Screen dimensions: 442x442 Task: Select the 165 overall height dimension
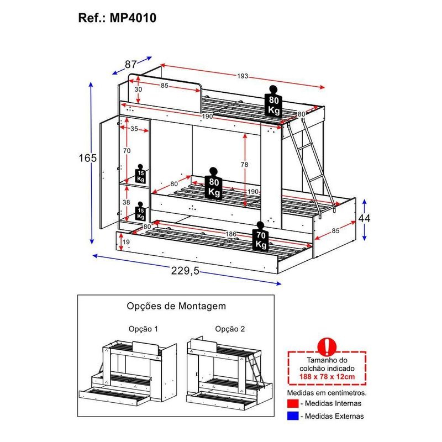coord(87,158)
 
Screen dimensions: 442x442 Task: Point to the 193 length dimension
coord(243,76)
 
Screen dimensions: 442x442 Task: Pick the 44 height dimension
coord(365,218)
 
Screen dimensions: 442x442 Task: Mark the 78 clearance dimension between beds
coord(245,164)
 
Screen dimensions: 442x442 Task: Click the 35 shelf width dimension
coord(134,129)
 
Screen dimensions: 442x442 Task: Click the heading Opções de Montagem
coord(176,306)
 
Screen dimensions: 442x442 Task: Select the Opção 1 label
coord(143,329)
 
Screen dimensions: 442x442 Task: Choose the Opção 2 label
coord(230,329)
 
